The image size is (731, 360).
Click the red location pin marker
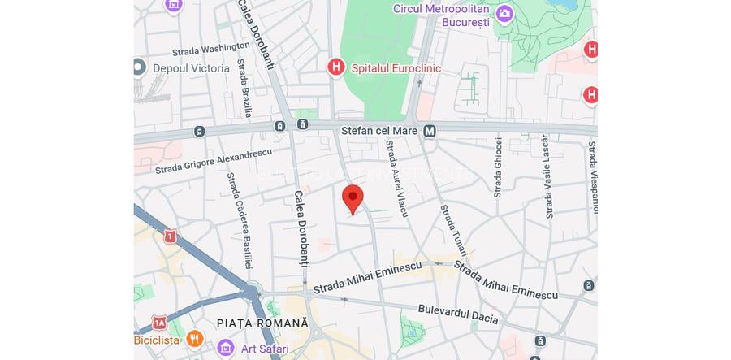tap(353, 198)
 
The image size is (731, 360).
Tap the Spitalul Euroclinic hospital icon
tap(336, 67)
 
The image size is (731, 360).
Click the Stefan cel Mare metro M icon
tap(430, 131)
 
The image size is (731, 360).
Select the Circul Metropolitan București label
tap(442, 15)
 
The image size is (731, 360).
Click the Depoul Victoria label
tap(191, 68)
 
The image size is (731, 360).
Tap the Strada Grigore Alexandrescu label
tap(214, 160)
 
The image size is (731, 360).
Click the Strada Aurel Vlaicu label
tap(396, 178)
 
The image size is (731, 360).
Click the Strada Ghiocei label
tap(497, 167)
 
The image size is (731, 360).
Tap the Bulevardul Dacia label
tap(457, 314)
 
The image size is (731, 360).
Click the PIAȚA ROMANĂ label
tap(263, 323)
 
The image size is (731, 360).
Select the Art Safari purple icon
tap(227, 349)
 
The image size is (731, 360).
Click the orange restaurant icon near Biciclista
tap(194, 338)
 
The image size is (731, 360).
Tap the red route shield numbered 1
tap(169, 236)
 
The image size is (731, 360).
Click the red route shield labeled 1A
tap(159, 323)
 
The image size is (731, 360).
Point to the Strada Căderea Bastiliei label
tap(240, 221)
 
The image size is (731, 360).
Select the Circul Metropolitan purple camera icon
tap(505, 14)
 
